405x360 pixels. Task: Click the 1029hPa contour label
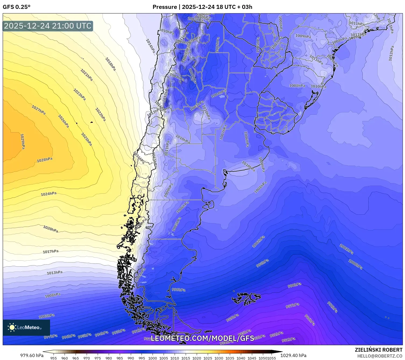[23, 142]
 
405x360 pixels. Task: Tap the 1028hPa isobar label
[45, 160]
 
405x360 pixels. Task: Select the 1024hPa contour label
[49, 194]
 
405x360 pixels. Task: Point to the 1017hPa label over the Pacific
[51, 251]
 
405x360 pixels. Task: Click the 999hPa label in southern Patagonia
[179, 290]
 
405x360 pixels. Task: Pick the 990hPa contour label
[294, 285]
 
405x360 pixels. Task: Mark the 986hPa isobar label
[310, 320]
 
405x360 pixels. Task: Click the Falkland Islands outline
[246, 298]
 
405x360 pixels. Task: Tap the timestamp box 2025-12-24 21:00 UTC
[48, 26]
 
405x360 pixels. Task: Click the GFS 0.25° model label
[16, 7]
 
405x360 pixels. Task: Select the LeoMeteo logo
[26, 327]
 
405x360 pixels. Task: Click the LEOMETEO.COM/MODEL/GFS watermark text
[202, 338]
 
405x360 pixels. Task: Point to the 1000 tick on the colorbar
[153, 358]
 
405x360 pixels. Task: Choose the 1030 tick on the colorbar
[219, 358]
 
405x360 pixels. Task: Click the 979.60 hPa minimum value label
[32, 355]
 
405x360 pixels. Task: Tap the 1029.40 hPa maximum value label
[293, 355]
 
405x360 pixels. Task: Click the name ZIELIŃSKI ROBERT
[379, 350]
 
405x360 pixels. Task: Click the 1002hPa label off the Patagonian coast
[258, 242]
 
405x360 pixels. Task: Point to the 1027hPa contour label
[38, 110]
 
